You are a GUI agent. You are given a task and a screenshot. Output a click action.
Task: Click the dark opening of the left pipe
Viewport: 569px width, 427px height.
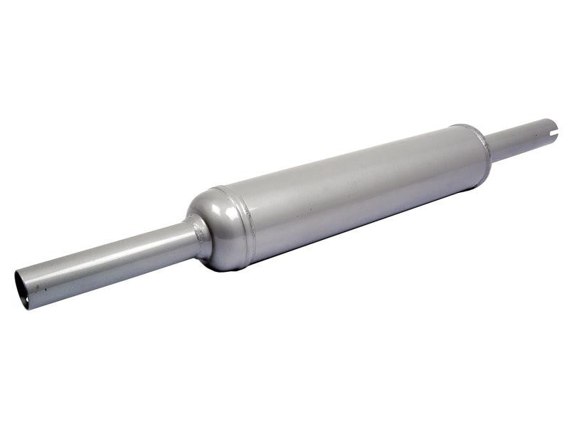(x=22, y=290)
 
